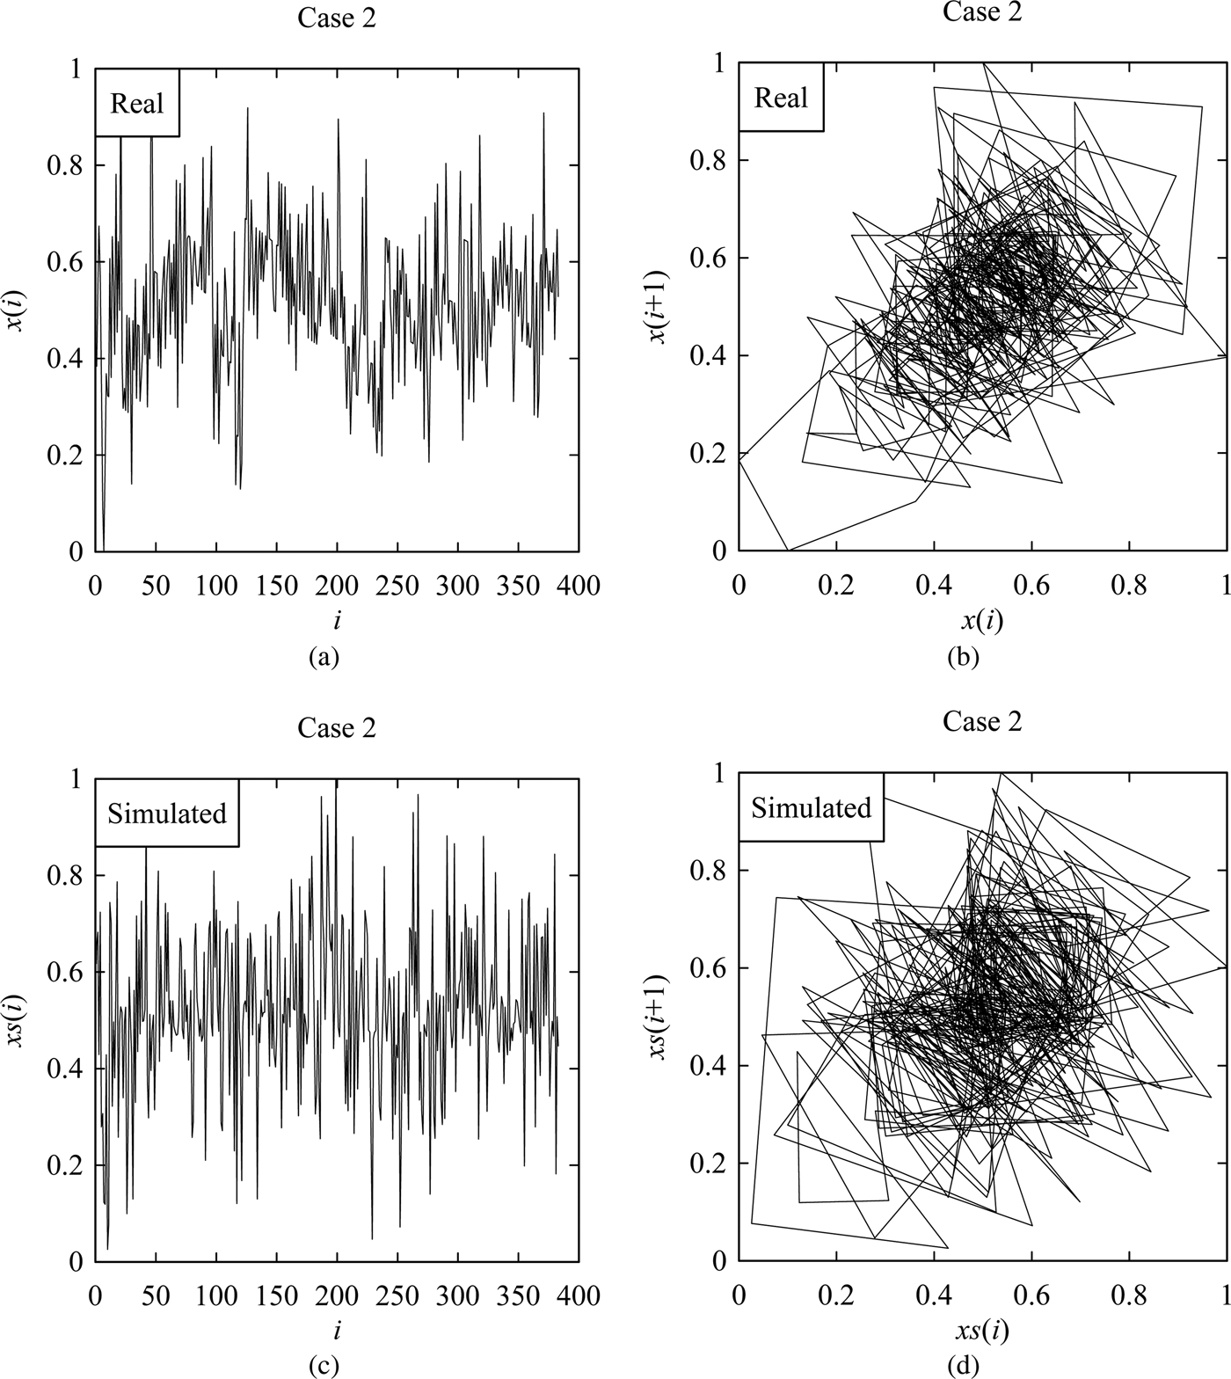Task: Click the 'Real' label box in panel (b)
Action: (x=781, y=97)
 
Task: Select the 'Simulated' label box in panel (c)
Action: (x=167, y=814)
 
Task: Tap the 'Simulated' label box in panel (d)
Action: (x=811, y=807)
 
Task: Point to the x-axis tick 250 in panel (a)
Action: (x=397, y=585)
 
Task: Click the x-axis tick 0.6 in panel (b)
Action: (x=1031, y=585)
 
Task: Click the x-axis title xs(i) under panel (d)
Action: (x=982, y=1332)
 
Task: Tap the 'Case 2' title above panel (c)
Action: (x=337, y=728)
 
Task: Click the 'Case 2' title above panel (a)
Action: (x=337, y=18)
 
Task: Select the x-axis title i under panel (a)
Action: (x=337, y=621)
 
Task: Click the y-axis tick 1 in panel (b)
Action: (x=719, y=63)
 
